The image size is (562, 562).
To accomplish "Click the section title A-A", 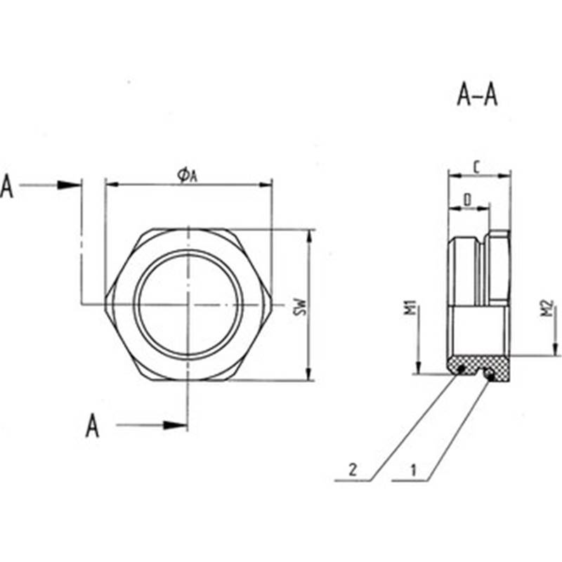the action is [x=477, y=96].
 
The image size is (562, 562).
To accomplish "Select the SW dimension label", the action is [x=301, y=307].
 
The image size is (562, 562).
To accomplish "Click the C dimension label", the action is [x=477, y=167].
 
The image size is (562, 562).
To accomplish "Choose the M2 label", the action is [x=548, y=308].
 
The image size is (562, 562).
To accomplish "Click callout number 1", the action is [x=413, y=470].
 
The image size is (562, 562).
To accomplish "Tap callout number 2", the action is [x=353, y=469].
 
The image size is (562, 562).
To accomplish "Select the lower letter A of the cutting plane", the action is [x=93, y=426].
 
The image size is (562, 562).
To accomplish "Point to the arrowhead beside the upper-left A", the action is [x=68, y=185].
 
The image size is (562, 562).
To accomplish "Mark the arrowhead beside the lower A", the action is [x=175, y=425].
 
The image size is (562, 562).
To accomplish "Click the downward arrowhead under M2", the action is [x=555, y=348].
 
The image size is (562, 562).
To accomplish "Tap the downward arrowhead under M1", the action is [x=418, y=366].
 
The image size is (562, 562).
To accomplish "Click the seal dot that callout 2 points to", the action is [x=462, y=367].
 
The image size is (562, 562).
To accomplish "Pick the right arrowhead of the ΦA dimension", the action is [x=266, y=185].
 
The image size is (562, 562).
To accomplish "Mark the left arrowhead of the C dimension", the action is [x=455, y=176].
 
